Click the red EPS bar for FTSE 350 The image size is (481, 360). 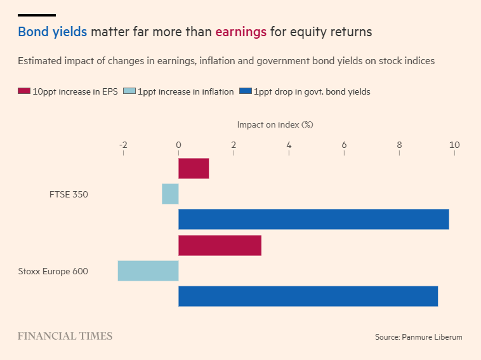point(194,169)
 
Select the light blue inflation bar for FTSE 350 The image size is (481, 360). point(170,194)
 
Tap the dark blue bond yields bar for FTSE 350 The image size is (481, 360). point(313,219)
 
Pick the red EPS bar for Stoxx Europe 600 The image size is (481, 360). point(220,245)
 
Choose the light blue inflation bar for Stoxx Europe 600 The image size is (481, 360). point(148,270)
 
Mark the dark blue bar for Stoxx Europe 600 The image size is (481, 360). point(308,296)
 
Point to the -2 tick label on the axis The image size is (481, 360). point(123,145)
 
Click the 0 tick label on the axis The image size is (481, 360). point(178,145)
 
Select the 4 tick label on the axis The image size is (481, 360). point(289,145)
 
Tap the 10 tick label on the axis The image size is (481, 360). point(454,145)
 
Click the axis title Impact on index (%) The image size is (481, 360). point(275,124)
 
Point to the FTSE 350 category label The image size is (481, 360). point(69,194)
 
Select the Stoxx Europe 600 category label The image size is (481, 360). point(53,271)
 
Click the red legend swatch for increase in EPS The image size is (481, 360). point(24,91)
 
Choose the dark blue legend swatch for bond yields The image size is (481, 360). point(246,91)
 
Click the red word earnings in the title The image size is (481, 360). point(240,32)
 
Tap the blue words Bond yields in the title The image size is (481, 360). point(52,32)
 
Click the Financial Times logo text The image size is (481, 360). point(65,336)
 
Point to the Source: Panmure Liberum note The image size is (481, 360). point(418,337)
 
